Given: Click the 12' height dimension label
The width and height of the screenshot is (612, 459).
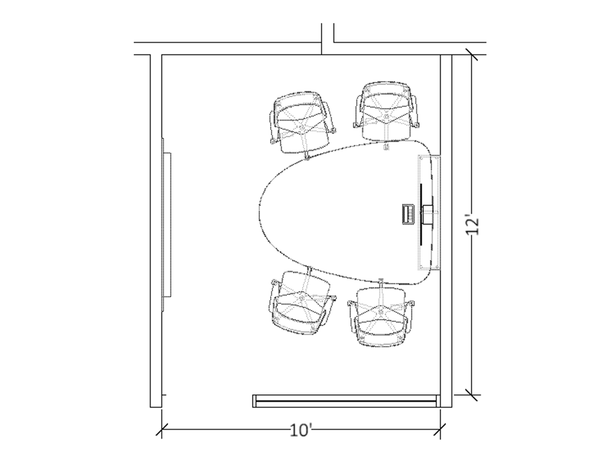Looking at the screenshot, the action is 472,224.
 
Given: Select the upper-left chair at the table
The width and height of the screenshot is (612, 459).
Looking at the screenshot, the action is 303,124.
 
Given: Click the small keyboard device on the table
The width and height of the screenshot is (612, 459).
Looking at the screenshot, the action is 408,214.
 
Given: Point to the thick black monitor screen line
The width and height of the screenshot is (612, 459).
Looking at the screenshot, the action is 421,214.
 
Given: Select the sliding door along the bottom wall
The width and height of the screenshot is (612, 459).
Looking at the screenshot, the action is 345,401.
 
